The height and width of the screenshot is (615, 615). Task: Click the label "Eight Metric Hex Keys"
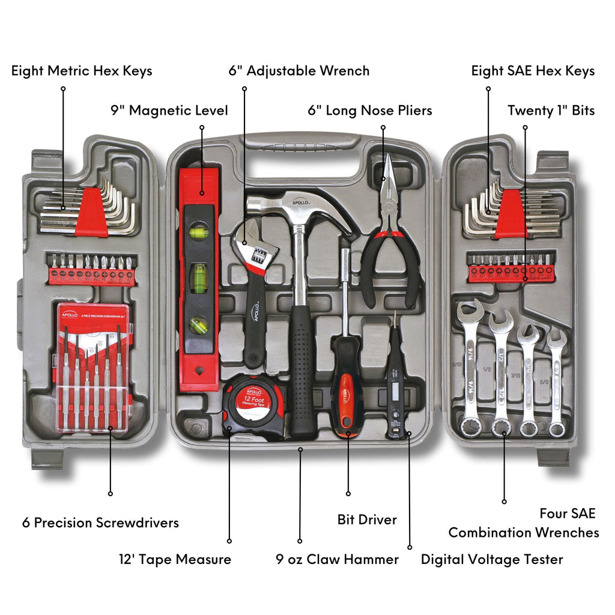(x=82, y=71)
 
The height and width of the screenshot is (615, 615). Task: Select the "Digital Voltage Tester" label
(x=491, y=560)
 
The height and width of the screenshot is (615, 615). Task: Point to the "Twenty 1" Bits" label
(x=551, y=111)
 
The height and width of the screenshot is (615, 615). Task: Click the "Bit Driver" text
(x=367, y=520)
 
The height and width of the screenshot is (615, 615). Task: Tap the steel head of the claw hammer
(x=300, y=207)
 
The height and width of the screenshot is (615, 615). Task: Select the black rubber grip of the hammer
(x=303, y=372)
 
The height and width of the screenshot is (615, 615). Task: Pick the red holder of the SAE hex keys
(x=512, y=213)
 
